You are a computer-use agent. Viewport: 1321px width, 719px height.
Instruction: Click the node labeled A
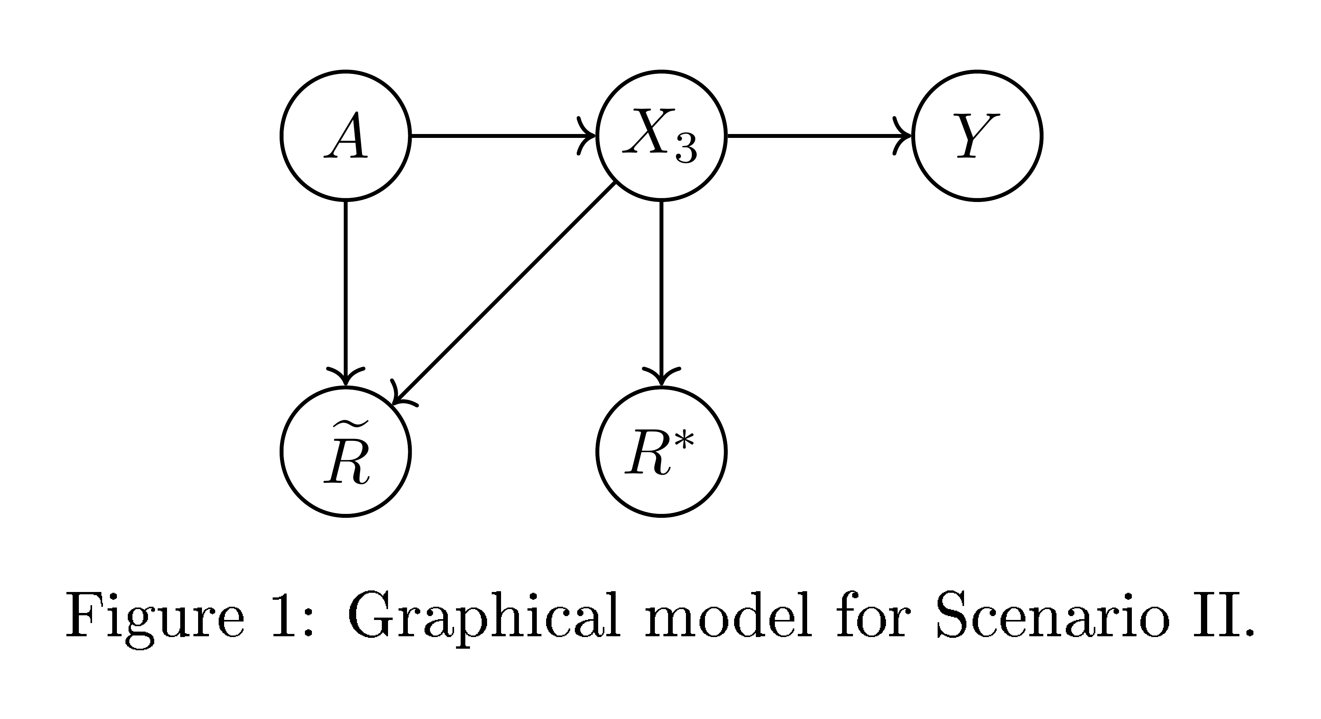(x=346, y=136)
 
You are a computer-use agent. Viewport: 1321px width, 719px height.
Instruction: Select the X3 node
(x=661, y=136)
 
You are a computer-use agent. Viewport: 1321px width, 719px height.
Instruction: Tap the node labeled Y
(x=977, y=136)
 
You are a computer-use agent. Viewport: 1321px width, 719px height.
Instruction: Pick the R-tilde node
(x=346, y=451)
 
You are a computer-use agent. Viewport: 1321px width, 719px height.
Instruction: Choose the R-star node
(x=661, y=451)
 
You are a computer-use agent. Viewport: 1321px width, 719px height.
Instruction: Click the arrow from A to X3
(x=503, y=136)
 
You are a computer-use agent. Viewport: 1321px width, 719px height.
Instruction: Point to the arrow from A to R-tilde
(x=346, y=292)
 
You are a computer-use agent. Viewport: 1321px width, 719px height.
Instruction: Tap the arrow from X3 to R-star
(x=661, y=292)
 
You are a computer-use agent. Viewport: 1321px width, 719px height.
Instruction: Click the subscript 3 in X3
(x=686, y=150)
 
